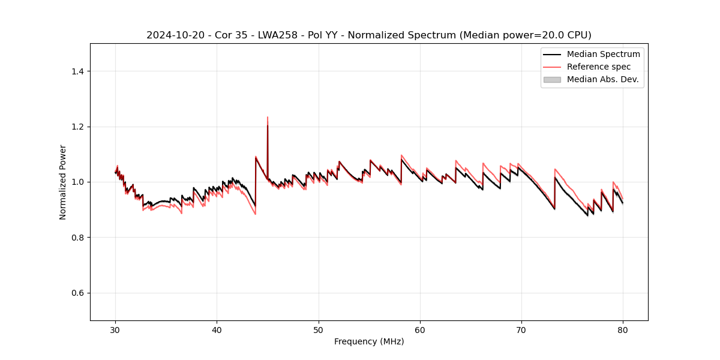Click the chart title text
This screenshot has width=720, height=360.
[368, 35]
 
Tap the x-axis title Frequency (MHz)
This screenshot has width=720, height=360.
[369, 341]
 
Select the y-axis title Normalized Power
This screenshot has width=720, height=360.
[63, 182]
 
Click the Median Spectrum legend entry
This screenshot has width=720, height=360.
[603, 55]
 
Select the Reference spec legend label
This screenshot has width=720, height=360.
[598, 67]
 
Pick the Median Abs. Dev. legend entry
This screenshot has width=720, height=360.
[602, 79]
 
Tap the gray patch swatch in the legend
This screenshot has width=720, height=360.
[552, 79]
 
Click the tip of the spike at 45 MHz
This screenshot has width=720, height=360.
[268, 117]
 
